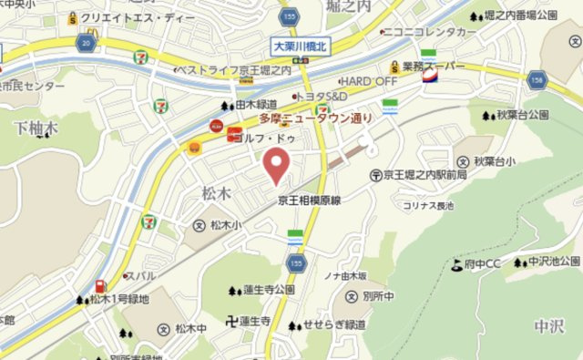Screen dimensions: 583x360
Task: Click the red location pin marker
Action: [x=277, y=166]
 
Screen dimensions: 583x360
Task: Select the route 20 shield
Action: [x=86, y=44]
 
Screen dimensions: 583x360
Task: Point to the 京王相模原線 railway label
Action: [x=309, y=198]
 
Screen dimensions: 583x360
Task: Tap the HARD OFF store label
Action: [x=369, y=80]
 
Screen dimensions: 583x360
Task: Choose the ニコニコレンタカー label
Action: [x=431, y=32]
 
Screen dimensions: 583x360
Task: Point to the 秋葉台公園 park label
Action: [x=523, y=115]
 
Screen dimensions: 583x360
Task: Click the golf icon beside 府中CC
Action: [x=455, y=264]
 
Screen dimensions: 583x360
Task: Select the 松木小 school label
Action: [x=224, y=224]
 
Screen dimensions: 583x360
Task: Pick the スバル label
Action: [x=140, y=274]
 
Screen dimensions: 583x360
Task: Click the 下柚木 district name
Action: [x=36, y=128]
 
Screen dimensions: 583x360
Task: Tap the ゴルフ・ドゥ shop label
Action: [x=264, y=138]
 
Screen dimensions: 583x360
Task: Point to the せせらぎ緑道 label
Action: [x=334, y=324]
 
